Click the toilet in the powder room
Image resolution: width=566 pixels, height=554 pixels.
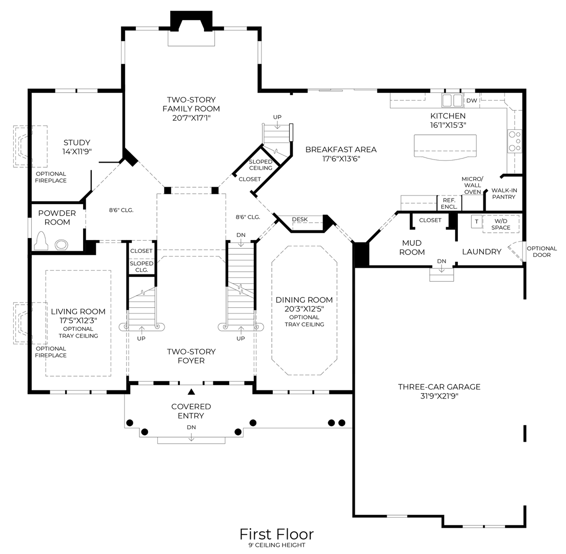point(41,242)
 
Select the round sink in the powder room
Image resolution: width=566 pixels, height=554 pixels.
point(62,244)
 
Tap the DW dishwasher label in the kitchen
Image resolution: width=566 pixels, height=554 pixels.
point(472,101)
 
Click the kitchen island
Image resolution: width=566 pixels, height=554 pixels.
point(445,148)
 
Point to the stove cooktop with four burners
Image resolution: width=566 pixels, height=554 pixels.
point(514,141)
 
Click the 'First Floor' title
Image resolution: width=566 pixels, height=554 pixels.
point(276,534)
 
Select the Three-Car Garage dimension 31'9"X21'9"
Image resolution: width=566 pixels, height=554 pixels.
point(439,395)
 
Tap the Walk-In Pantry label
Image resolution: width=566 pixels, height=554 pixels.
point(504,193)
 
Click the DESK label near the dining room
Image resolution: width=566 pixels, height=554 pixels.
point(300,220)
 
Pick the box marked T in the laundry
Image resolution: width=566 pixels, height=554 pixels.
point(476,222)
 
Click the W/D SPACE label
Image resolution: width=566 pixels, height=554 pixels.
point(501,224)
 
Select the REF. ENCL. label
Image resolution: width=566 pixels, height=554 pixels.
point(449,204)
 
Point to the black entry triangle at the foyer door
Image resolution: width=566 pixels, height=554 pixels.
point(191,392)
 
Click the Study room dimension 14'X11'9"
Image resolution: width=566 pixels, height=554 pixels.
point(77,151)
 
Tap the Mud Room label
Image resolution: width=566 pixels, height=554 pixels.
point(412,247)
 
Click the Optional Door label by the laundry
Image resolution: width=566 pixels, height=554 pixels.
point(541,251)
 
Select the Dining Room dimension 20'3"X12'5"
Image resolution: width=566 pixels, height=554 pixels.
point(304,308)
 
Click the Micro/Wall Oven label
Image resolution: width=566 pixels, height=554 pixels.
point(472,185)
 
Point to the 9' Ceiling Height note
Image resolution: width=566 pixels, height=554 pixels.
point(276,545)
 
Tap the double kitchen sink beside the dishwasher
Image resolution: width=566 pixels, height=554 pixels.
point(452,100)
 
